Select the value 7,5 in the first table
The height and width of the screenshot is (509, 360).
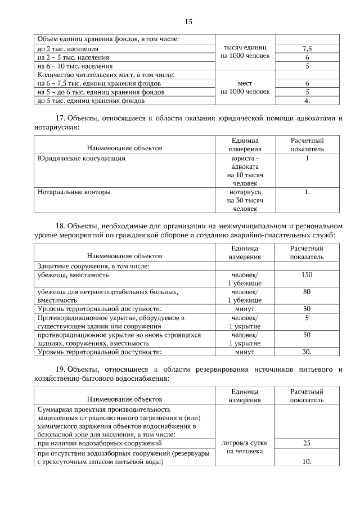[x=307, y=48]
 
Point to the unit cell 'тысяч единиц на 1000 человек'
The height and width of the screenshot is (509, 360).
[x=245, y=52]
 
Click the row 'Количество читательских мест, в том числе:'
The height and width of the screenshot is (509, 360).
[x=106, y=74]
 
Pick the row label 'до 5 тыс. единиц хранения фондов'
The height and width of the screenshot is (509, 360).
[x=91, y=101]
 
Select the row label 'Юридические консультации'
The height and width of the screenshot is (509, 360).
[x=81, y=159]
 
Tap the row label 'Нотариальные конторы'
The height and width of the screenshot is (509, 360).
[x=74, y=192]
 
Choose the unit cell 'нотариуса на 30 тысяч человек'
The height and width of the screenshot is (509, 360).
[x=245, y=200]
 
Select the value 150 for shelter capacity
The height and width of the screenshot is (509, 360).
[x=307, y=275]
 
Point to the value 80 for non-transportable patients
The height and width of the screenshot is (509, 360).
[x=307, y=292]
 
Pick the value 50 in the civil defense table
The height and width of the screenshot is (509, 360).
[x=307, y=335]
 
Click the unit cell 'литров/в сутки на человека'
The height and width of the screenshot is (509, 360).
[x=245, y=447]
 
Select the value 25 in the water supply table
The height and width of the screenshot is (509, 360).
[x=307, y=443]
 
